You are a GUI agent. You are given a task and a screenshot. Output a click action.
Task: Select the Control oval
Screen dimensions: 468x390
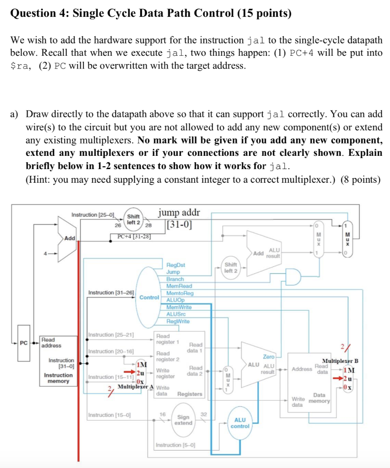point(148,297)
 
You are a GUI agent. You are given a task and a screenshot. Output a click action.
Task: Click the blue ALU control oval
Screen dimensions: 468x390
point(240,423)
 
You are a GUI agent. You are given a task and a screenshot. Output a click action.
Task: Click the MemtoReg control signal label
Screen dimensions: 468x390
point(180,293)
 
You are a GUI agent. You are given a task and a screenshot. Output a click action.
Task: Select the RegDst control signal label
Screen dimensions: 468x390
point(176,265)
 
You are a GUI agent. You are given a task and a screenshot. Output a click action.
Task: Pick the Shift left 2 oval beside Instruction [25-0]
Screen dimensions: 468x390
point(134,219)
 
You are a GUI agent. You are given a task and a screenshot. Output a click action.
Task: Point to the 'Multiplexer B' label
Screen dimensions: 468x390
point(341,361)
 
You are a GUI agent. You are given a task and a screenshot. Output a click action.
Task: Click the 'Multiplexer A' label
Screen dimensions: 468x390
point(135,387)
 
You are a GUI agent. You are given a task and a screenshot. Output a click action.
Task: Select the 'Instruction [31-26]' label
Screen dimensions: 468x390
point(111,292)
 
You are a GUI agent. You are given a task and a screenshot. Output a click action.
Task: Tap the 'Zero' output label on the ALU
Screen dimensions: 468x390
point(268,356)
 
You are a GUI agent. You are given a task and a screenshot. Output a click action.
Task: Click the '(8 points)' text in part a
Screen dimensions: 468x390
point(361,180)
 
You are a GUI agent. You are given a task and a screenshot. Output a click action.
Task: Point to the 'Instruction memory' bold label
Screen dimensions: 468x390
point(58,378)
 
